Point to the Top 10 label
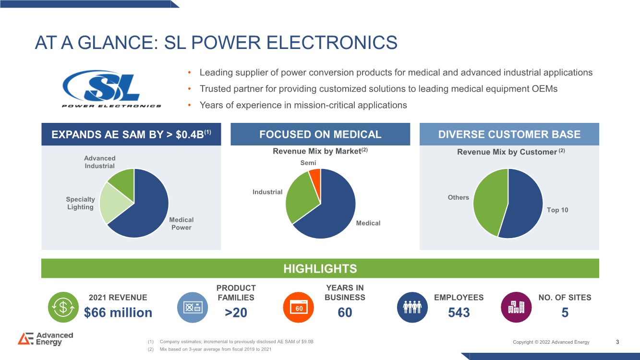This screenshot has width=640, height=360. coord(557,210)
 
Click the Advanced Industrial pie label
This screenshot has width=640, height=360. coord(100,162)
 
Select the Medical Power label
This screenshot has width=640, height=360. coord(181,224)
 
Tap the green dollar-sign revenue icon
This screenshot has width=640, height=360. coord(63,307)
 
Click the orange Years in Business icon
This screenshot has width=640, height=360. coord(299,307)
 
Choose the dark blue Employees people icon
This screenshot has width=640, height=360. coord(412,307)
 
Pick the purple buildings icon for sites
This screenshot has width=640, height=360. coord(516,307)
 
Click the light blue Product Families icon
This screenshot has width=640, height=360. coord(193,307)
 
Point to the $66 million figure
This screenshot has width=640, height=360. coord(118,312)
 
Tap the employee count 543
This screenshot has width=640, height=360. coord(459,312)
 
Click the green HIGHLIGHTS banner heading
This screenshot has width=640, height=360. coord(320,269)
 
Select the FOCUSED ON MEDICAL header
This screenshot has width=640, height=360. coord(320,134)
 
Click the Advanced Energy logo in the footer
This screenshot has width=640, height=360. coord(46,339)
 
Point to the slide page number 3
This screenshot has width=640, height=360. coord(617,342)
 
